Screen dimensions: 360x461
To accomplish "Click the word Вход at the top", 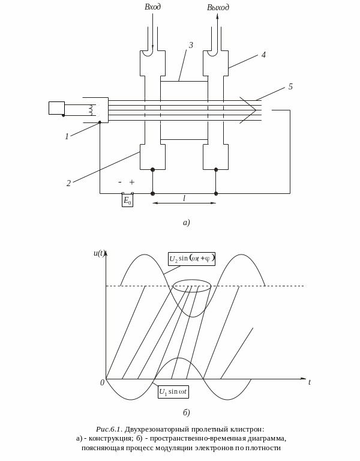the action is pyautogui.click(x=153, y=7).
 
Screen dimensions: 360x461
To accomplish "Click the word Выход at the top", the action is pyautogui.click(x=218, y=7).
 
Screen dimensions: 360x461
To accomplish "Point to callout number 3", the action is pyautogui.click(x=191, y=45).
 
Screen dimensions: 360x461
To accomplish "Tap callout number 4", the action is pyautogui.click(x=263, y=55).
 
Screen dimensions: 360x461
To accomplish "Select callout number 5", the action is pyautogui.click(x=290, y=86).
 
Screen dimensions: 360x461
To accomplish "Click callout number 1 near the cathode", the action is pyautogui.click(x=67, y=136).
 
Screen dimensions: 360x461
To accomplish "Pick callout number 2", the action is pyautogui.click(x=68, y=183).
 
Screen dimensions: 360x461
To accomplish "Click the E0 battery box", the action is pyautogui.click(x=128, y=201).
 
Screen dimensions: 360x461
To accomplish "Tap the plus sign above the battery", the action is pyautogui.click(x=132, y=182).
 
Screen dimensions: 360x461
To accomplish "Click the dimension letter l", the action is pyautogui.click(x=184, y=199).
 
